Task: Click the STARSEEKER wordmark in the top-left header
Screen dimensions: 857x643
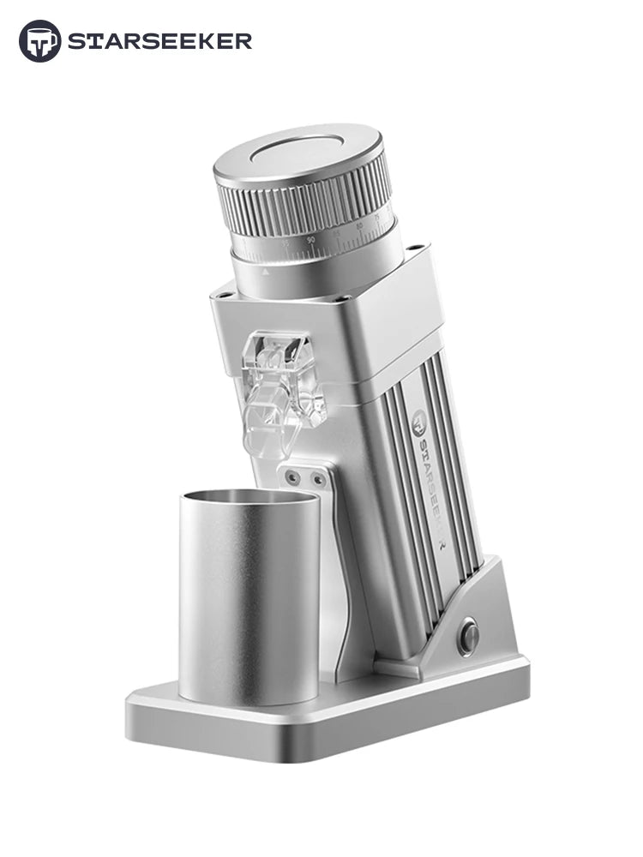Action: [x=159, y=40]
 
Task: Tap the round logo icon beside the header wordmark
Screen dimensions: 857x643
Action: [x=40, y=40]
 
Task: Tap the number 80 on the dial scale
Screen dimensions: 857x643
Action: [x=358, y=226]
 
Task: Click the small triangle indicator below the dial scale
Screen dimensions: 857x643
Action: [x=266, y=271]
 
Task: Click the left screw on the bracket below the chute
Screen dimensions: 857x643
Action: [x=294, y=474]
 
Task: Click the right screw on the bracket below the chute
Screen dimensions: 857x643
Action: [x=318, y=479]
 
